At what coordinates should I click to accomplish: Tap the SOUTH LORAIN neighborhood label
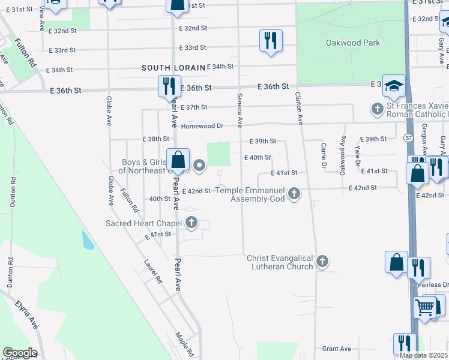(x=173, y=67)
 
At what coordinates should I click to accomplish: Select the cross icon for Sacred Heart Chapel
(x=191, y=224)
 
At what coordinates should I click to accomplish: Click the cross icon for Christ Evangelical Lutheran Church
(x=322, y=261)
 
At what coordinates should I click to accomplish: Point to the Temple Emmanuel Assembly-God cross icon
(x=294, y=194)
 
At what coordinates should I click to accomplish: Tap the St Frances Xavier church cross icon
(x=377, y=109)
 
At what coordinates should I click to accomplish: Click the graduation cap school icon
(x=394, y=86)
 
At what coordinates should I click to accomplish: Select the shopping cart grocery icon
(x=425, y=307)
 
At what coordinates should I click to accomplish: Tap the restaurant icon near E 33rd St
(x=271, y=40)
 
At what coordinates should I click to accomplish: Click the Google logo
(x=19, y=353)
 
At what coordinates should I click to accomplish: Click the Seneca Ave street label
(x=240, y=110)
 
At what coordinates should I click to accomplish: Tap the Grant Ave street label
(x=336, y=349)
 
